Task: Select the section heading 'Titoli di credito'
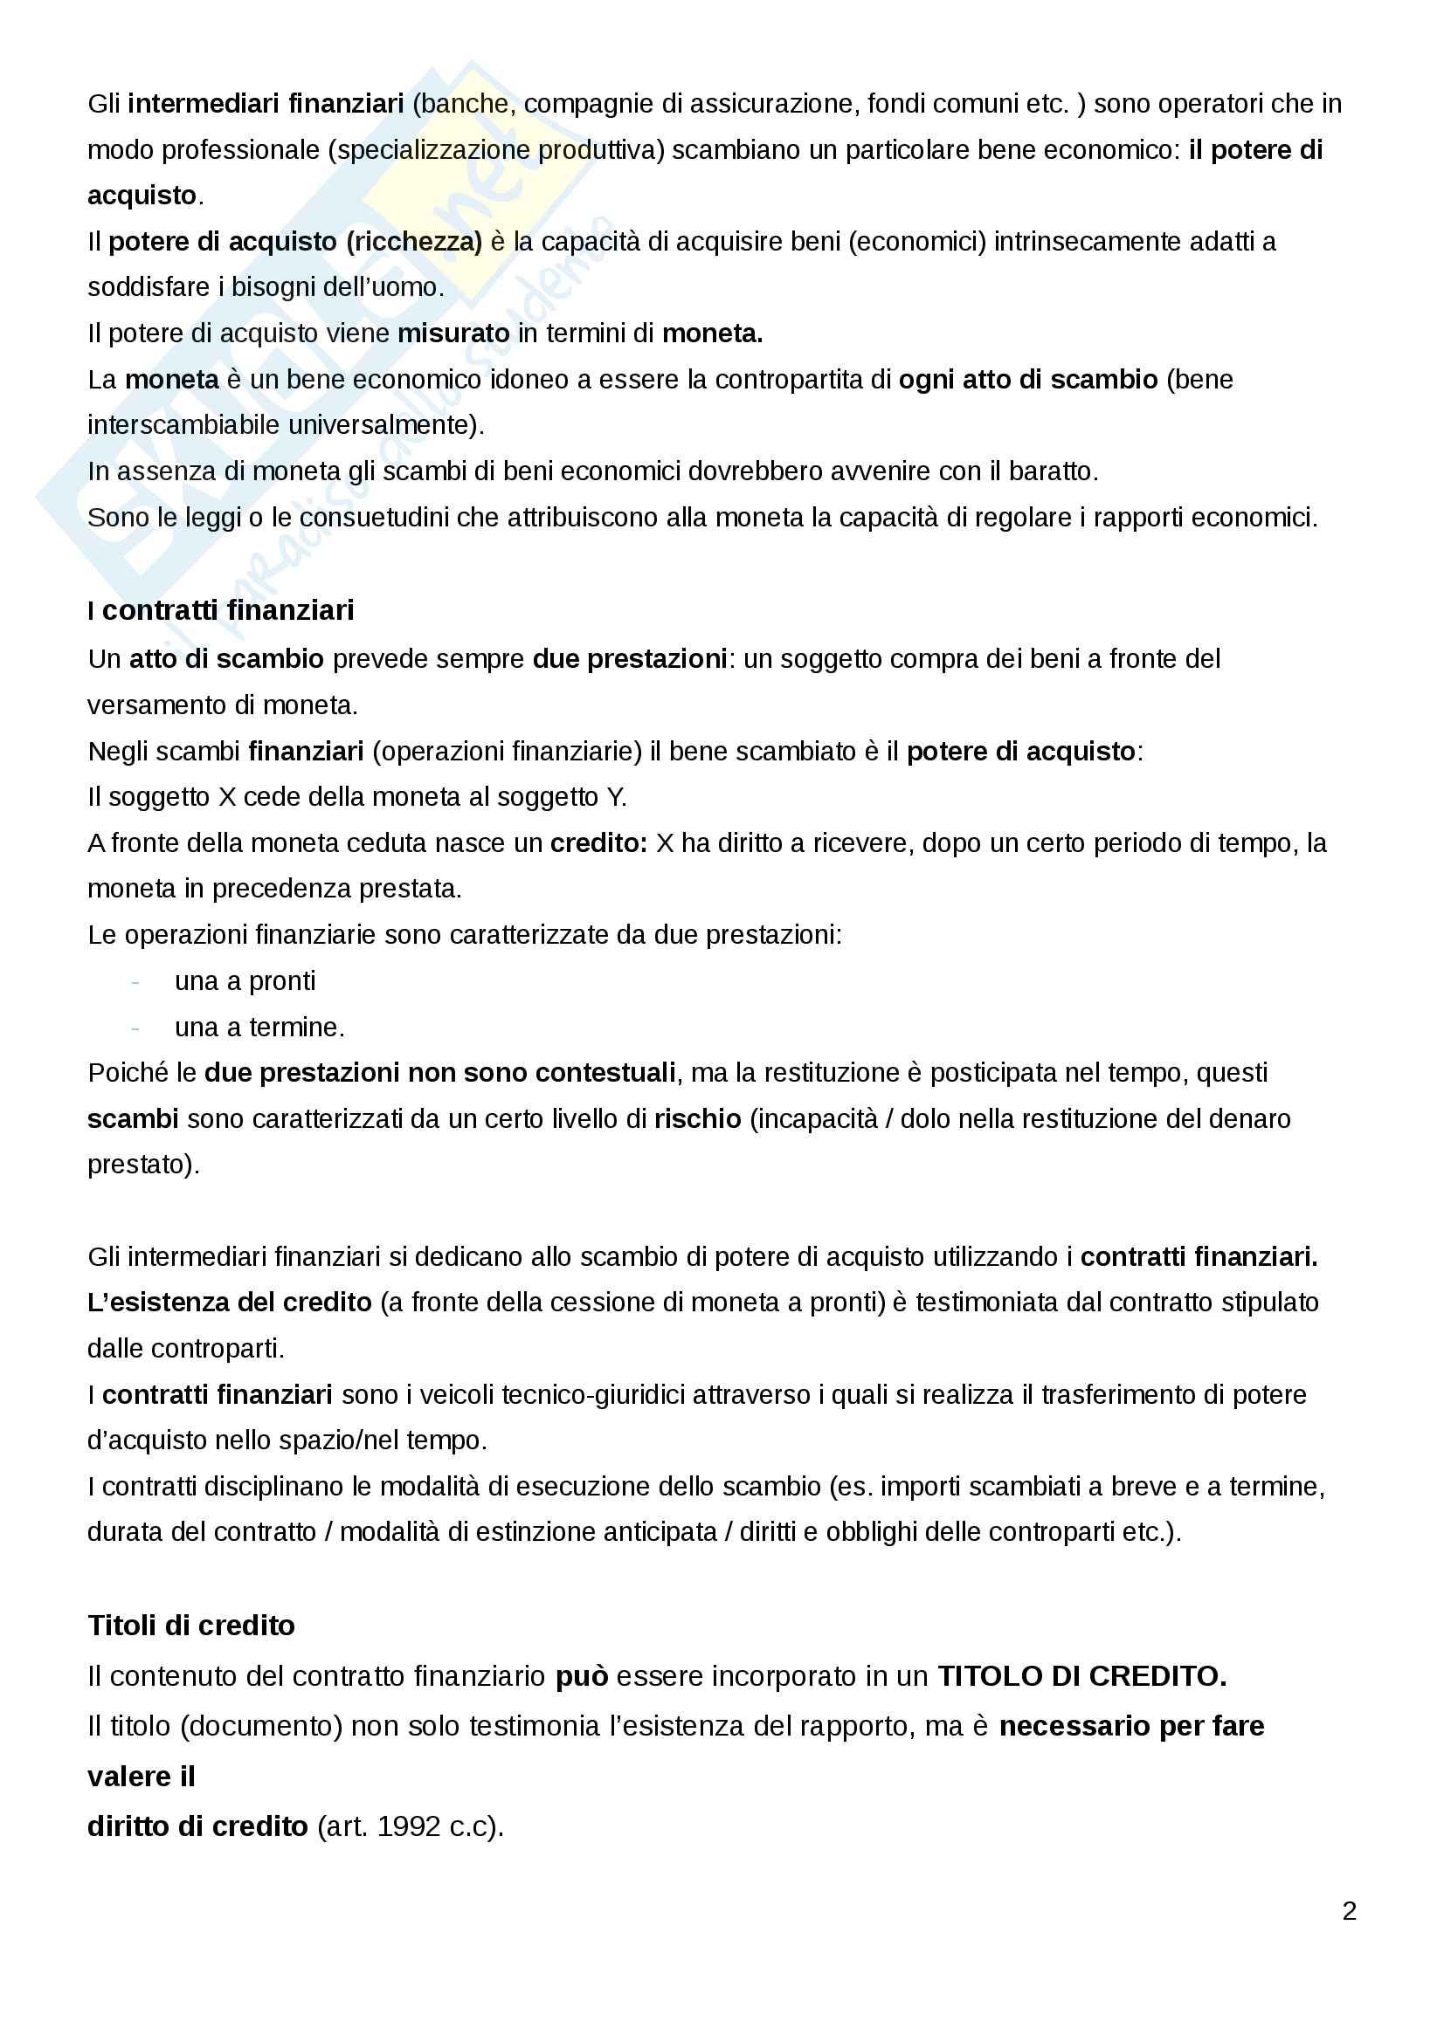(x=191, y=1625)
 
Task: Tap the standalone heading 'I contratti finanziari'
(x=221, y=610)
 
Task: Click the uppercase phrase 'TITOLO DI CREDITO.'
(x=1081, y=1675)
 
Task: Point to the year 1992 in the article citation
(x=407, y=1825)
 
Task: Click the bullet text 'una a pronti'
(x=245, y=981)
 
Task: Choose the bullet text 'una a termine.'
(x=259, y=1028)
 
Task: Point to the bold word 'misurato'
(x=453, y=333)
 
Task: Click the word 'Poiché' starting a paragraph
(x=128, y=1073)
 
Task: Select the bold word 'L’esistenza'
(x=152, y=1302)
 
